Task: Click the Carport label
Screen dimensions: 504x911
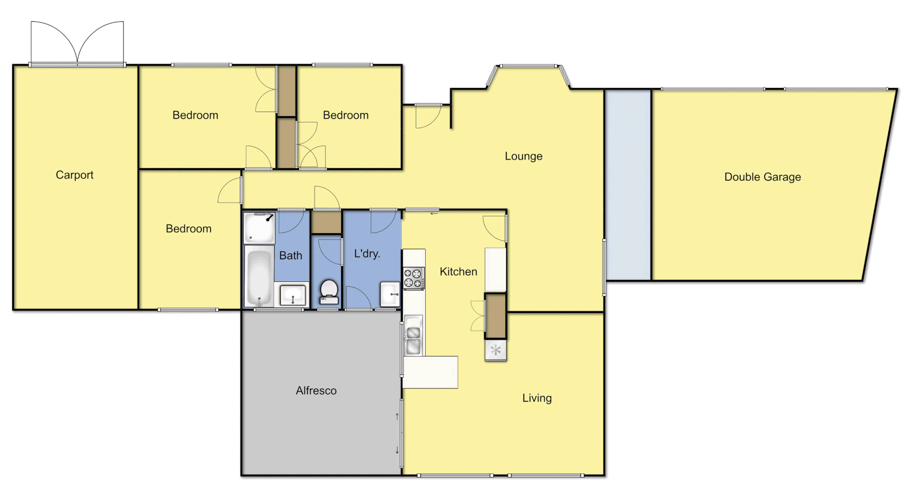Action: pos(74,175)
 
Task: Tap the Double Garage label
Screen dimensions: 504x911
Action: pos(762,177)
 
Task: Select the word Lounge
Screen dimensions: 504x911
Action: pos(523,156)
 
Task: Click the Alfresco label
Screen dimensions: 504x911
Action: pos(316,391)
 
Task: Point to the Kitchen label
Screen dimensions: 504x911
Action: pos(458,271)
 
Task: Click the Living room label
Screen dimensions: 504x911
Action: pos(537,398)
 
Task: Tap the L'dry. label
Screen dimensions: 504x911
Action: pos(367,253)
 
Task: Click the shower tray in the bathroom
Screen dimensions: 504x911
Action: pos(259,227)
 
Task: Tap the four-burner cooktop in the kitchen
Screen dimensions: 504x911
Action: pos(413,278)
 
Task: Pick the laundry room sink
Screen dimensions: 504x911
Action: pos(390,295)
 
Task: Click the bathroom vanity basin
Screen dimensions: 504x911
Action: pos(293,295)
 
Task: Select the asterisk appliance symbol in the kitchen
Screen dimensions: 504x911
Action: pos(495,351)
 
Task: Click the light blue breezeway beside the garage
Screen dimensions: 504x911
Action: pos(628,185)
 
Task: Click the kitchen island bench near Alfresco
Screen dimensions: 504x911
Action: pos(430,372)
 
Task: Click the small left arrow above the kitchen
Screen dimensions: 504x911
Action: pos(434,214)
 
